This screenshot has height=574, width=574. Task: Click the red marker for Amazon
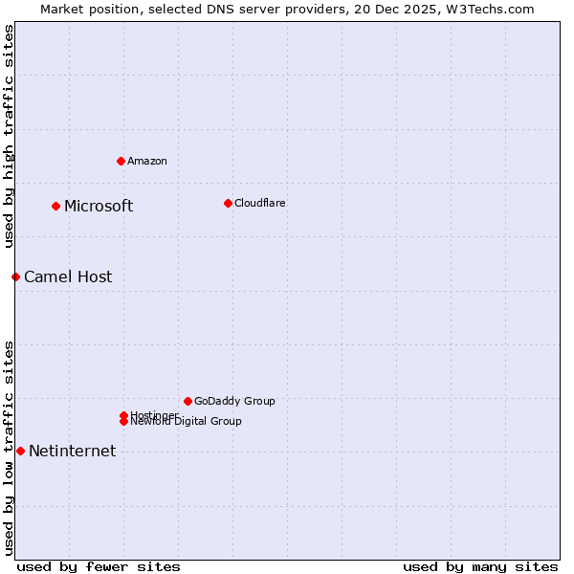pos(121,161)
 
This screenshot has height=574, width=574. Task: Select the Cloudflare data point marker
pos(228,203)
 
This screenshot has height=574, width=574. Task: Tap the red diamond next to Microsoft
pos(55,206)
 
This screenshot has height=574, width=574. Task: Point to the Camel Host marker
pos(15,276)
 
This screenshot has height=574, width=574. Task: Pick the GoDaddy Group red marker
pos(188,401)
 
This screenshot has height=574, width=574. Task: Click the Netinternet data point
pos(20,451)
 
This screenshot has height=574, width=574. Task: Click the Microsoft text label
pos(99,207)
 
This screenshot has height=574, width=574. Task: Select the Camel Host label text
pos(68,277)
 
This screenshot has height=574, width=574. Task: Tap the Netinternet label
pos(73,452)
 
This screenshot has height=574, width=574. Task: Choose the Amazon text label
pos(147,162)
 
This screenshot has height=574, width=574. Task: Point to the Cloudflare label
pos(260,204)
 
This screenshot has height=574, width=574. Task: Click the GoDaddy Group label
pos(234,402)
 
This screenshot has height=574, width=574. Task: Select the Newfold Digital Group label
pos(187,422)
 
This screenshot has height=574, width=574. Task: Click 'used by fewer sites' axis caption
pos(99,566)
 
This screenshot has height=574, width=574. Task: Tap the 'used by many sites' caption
pos(480,566)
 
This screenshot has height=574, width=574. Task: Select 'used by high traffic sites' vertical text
pos(9,136)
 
